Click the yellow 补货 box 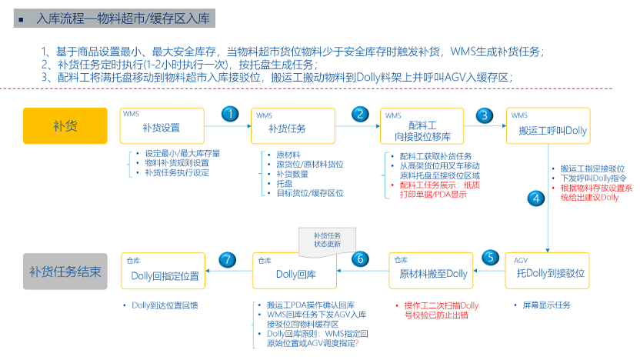click(x=65, y=125)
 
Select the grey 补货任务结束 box click(x=65, y=272)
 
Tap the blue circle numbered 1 click(x=230, y=114)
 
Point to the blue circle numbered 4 click(x=536, y=198)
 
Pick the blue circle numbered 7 click(x=228, y=259)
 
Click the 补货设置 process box click(x=162, y=125)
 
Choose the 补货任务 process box click(x=293, y=125)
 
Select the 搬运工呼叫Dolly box click(x=548, y=125)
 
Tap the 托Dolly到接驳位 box click(x=548, y=271)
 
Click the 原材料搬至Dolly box click(x=431, y=271)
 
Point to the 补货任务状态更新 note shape click(x=328, y=242)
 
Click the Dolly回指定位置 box click(x=163, y=271)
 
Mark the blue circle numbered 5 click(x=491, y=258)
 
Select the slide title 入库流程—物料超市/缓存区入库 click(x=123, y=18)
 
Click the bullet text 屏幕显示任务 click(x=546, y=305)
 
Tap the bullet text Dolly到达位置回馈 click(x=165, y=305)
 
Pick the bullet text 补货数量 click(x=292, y=175)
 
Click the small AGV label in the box click(x=521, y=261)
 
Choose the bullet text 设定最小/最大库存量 click(x=182, y=154)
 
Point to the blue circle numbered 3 click(x=485, y=116)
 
